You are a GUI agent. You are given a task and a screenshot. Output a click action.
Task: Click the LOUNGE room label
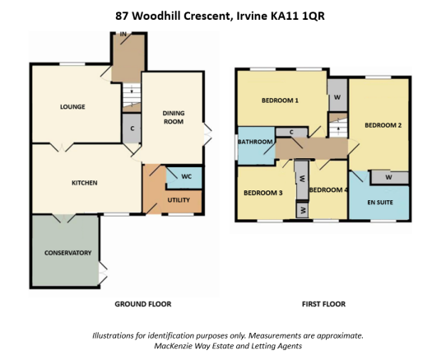(72, 107)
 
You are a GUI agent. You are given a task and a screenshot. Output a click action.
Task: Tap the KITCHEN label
(85, 183)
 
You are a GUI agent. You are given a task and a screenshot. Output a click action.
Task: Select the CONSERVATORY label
(68, 253)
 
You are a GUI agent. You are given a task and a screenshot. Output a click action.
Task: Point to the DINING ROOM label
(174, 117)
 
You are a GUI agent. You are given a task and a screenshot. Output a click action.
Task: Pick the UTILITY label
(179, 200)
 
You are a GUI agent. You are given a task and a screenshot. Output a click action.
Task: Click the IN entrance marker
(123, 35)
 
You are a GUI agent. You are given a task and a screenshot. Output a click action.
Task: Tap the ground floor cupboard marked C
(132, 129)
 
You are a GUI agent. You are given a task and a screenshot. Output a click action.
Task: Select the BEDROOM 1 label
(280, 101)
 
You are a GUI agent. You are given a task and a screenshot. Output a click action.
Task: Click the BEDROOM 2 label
(383, 125)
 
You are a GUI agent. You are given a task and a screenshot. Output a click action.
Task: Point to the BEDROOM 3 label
(263, 193)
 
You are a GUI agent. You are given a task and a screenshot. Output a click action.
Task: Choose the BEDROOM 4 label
(327, 190)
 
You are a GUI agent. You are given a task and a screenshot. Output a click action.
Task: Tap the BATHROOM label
(255, 142)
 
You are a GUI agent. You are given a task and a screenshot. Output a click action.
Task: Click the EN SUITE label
(380, 202)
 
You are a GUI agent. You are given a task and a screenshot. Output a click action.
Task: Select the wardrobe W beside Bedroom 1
(337, 97)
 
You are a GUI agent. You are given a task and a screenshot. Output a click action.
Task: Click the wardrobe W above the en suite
(388, 177)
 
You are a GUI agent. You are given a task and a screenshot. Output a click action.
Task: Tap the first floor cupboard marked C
(291, 133)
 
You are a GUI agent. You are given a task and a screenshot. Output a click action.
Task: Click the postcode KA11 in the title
(286, 16)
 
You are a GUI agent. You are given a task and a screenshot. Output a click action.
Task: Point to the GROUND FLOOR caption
(143, 304)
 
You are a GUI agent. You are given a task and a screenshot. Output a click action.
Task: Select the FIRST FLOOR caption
(323, 304)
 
